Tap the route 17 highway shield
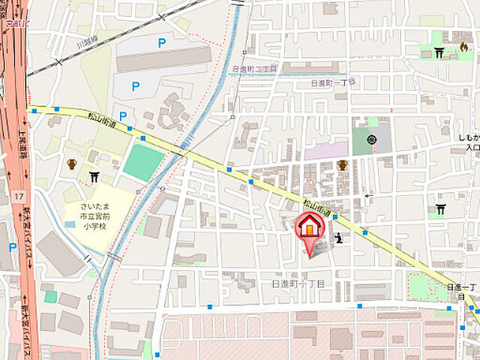pyautogui.click(x=16, y=196)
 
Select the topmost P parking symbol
pyautogui.click(x=161, y=43)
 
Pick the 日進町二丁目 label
pyautogui.click(x=255, y=68)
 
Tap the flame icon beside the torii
pyautogui.click(x=463, y=47)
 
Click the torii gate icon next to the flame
pyautogui.click(x=439, y=52)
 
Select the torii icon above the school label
pyautogui.click(x=94, y=177)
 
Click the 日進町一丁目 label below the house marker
pyautogui.click(x=298, y=283)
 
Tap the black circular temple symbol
pyautogui.click(x=372, y=139)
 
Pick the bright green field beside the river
pyautogui.click(x=143, y=163)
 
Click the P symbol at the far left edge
pyautogui.click(x=12, y=247)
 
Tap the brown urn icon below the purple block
pyautogui.click(x=342, y=166)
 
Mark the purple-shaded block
pyautogui.click(x=326, y=151)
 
